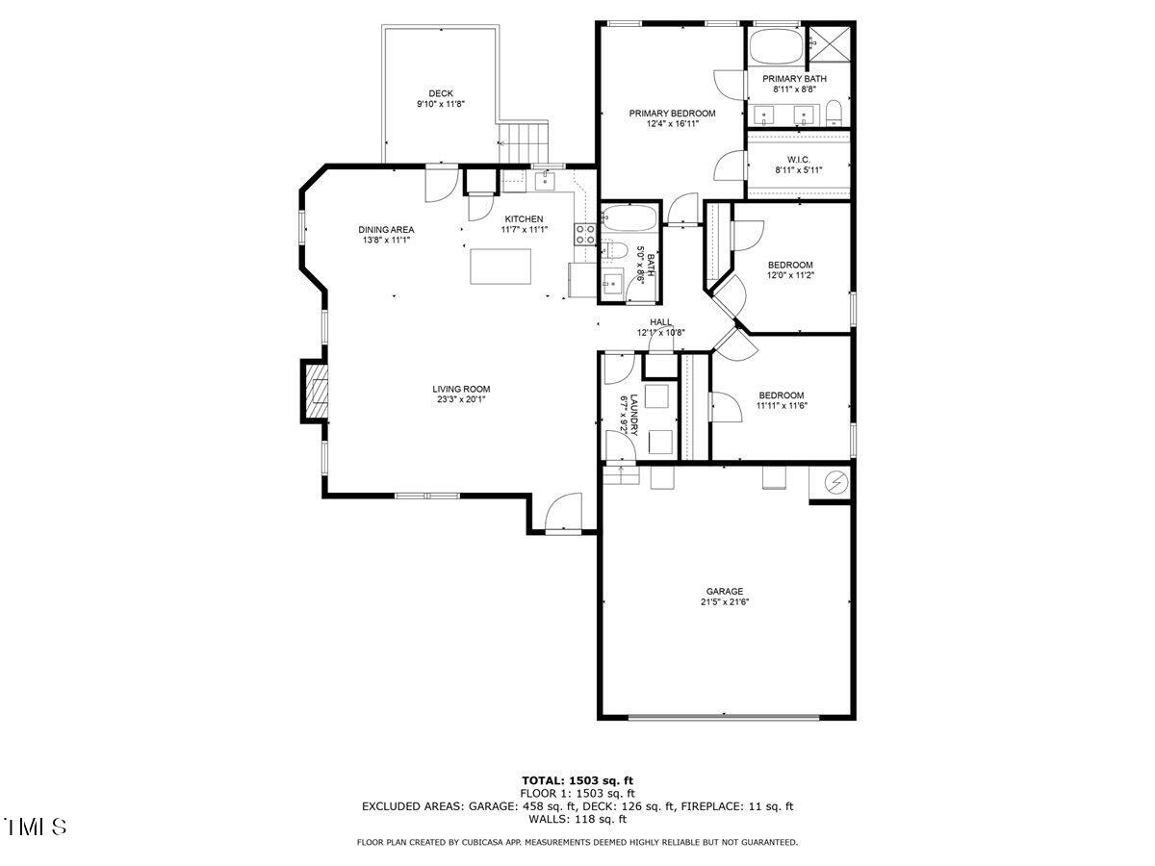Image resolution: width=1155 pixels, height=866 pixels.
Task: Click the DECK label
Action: click(441, 93)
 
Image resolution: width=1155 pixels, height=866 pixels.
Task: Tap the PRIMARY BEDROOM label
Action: click(672, 113)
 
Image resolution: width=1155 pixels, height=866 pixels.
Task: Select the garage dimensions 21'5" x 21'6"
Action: click(725, 602)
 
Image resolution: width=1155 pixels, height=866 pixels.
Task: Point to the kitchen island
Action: click(500, 267)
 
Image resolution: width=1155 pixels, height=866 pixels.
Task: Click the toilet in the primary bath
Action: click(834, 113)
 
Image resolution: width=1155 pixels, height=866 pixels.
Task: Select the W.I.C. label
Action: click(798, 160)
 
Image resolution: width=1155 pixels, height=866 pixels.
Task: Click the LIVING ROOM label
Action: click(461, 389)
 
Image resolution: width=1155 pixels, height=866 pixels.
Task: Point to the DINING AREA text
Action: click(386, 229)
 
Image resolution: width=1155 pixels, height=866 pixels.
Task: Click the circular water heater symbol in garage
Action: click(835, 482)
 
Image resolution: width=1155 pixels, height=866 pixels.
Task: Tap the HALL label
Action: click(660, 322)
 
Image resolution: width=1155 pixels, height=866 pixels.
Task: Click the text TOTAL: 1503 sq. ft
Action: click(577, 780)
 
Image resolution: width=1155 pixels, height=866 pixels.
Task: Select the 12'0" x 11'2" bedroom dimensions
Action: click(790, 275)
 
